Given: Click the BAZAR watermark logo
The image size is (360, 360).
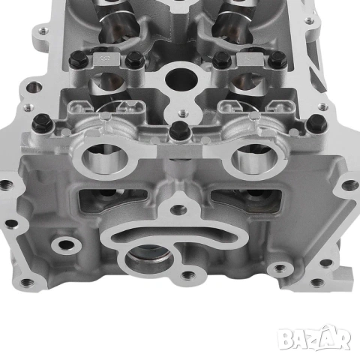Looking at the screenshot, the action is click(x=314, y=338).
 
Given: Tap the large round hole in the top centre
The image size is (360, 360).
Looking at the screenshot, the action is click(x=181, y=79).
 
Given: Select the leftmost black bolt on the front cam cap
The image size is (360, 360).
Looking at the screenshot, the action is click(x=43, y=122).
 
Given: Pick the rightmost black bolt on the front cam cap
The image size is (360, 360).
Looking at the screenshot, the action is click(x=316, y=122).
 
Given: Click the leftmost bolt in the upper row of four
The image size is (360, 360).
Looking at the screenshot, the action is click(x=78, y=60).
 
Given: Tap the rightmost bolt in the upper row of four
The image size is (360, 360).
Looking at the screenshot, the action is click(x=277, y=60).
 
